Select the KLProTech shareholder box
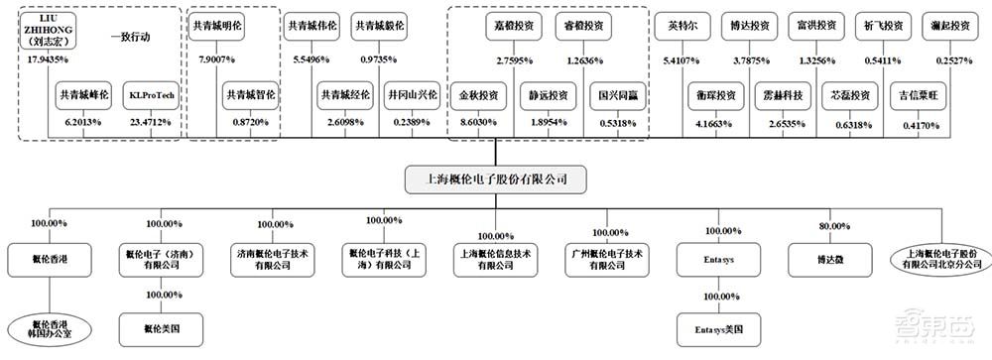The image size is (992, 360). tap(151, 98)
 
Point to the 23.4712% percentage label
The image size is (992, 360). tap(151, 122)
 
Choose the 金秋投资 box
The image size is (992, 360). tap(478, 97)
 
